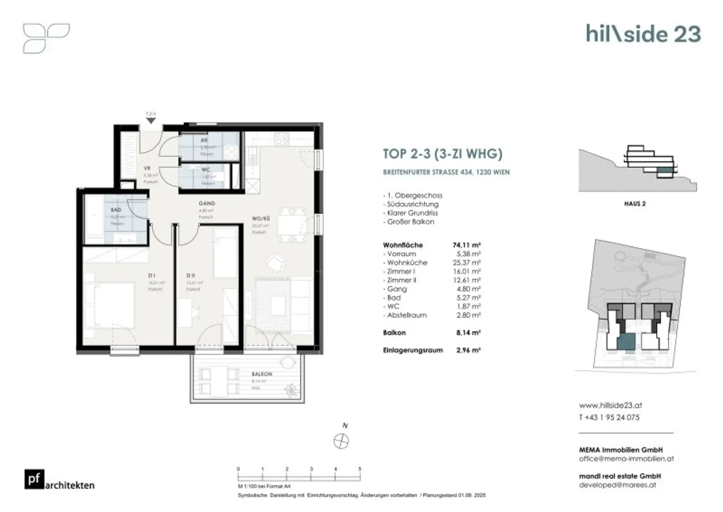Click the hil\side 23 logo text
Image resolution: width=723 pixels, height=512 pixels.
[x=643, y=34]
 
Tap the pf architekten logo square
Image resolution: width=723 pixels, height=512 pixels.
[x=34, y=479]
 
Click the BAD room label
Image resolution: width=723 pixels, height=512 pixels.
[x=116, y=210]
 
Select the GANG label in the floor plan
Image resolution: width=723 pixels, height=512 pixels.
[x=207, y=203]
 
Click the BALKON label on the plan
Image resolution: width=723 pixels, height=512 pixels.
[x=262, y=374]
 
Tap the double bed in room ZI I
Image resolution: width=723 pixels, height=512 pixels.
[x=113, y=305]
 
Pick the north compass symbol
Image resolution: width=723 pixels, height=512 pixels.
[x=341, y=441]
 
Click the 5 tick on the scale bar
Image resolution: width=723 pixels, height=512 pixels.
[x=360, y=469]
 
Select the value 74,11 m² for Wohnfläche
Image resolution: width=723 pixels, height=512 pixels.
[x=466, y=245]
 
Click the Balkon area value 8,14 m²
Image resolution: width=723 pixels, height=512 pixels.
[x=468, y=333]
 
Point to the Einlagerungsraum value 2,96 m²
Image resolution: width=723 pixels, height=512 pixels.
[x=468, y=350]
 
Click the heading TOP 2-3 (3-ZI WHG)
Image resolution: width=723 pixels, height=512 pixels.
[x=442, y=154]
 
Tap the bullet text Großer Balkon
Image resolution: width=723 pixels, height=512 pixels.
[x=410, y=222]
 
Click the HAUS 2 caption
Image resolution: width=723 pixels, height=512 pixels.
[x=635, y=204]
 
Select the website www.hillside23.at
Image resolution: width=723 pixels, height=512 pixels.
[x=611, y=405]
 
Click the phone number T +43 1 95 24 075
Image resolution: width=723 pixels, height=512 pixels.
[x=609, y=417]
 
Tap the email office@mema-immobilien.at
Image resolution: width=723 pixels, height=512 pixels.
[x=627, y=459]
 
